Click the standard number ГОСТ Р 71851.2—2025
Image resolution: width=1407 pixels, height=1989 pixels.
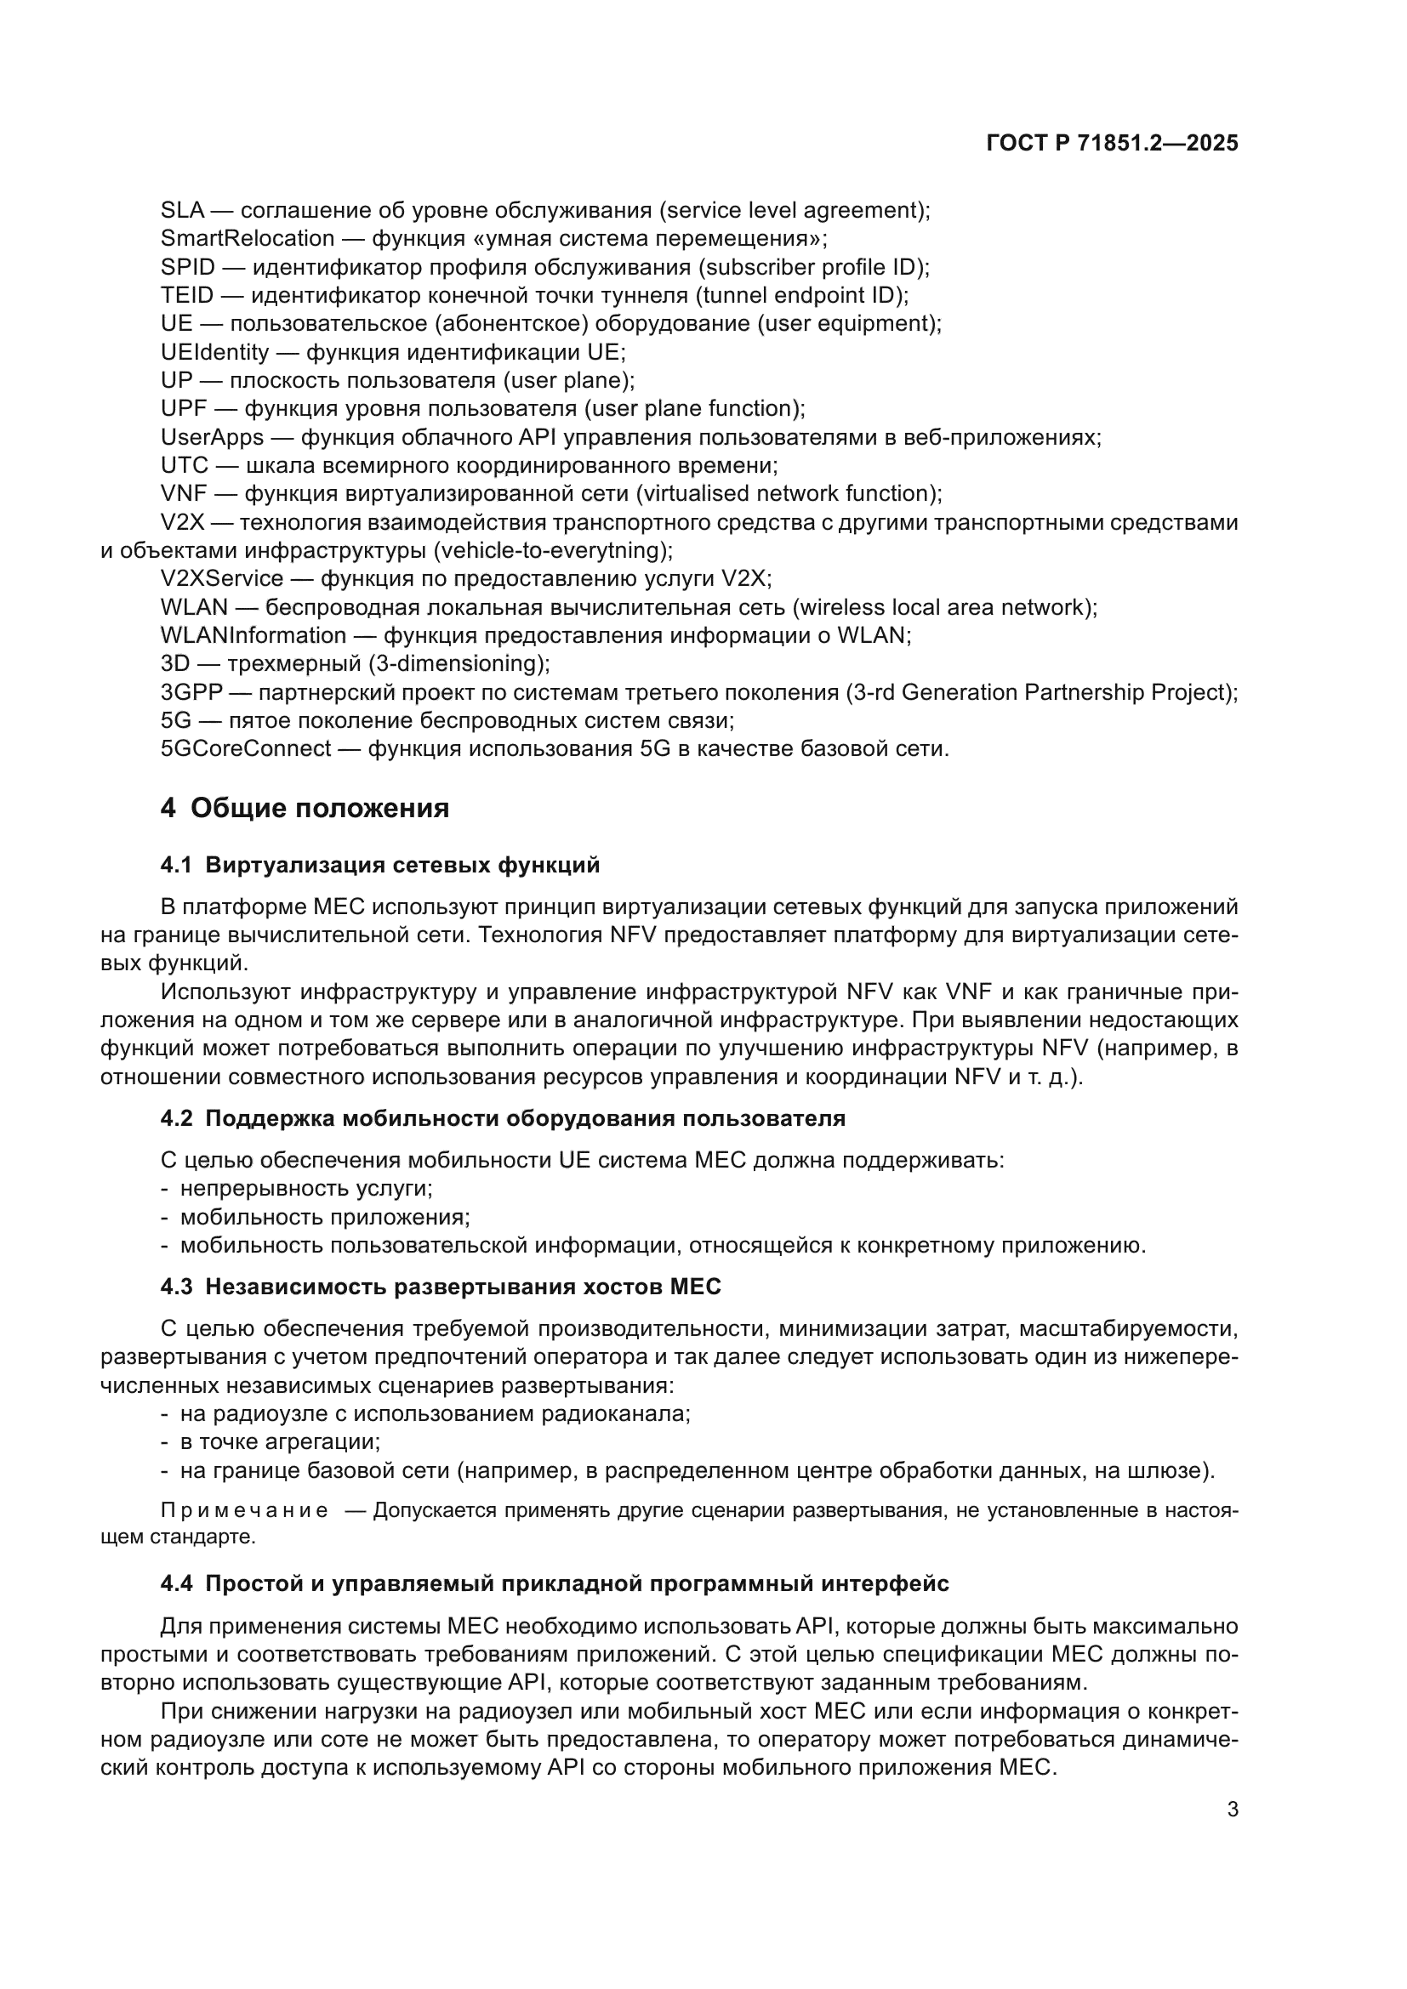pos(1112,144)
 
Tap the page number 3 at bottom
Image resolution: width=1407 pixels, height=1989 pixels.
pos(1232,1809)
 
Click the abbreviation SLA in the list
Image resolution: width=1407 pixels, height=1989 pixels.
pos(182,211)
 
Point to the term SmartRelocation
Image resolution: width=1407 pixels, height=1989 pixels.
pos(247,238)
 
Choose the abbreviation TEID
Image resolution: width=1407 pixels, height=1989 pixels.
pos(186,295)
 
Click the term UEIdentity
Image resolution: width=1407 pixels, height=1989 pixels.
pos(215,353)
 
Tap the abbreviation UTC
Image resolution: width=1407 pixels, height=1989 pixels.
pos(184,466)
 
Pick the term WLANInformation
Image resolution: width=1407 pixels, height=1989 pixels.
pos(253,635)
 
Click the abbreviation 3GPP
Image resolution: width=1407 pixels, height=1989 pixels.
pos(191,692)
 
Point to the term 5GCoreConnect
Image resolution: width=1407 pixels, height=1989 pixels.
pos(245,748)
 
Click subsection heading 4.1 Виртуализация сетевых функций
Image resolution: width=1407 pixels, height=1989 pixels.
pos(379,865)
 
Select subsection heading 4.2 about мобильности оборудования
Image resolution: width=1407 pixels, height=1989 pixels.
pos(503,1118)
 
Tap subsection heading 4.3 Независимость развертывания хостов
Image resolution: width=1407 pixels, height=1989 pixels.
pos(440,1287)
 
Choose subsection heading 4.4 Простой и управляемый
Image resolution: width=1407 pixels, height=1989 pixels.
pos(555,1583)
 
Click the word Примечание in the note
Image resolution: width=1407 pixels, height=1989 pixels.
pos(244,1511)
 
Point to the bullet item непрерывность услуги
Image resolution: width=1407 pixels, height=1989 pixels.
pos(306,1189)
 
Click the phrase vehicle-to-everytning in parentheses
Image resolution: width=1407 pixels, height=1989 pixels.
pos(552,550)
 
